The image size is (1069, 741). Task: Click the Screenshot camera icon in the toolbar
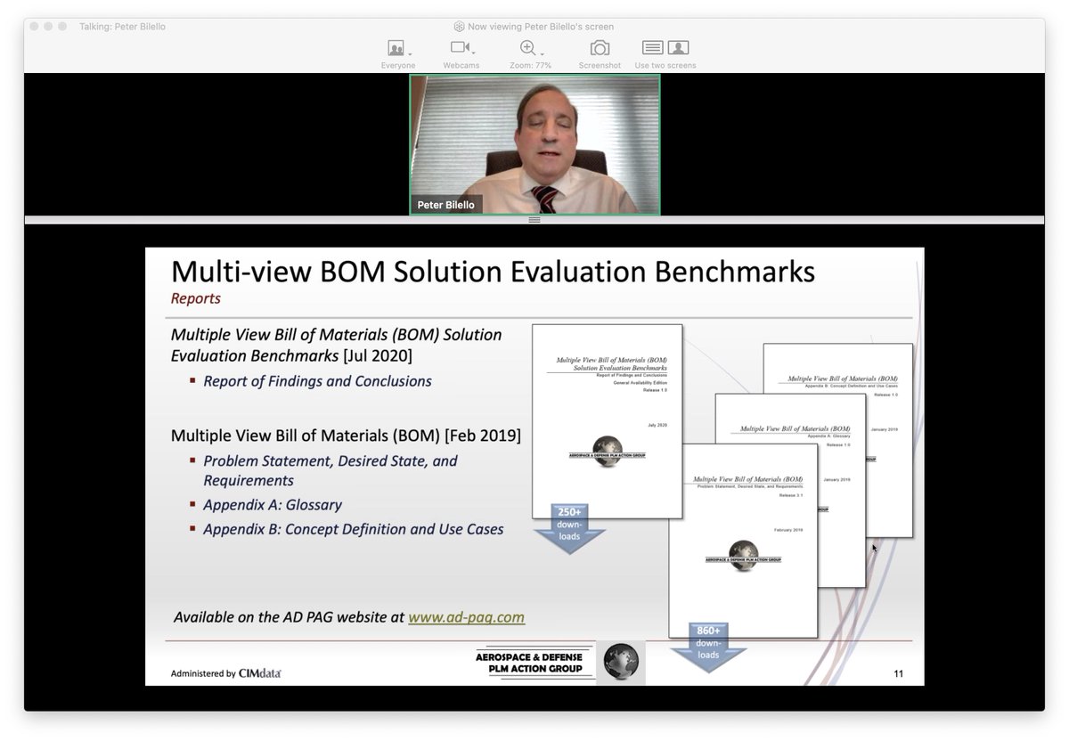[x=600, y=48]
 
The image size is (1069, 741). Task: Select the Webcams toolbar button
[x=461, y=48]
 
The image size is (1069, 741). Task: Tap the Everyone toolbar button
[x=396, y=48]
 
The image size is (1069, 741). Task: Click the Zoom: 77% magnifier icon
[x=528, y=48]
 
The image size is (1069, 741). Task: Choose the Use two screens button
[x=665, y=48]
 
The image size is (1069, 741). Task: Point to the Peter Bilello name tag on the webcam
[x=446, y=205]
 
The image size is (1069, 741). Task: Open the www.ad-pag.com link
[x=466, y=617]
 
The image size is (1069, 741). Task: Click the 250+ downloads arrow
[x=569, y=526]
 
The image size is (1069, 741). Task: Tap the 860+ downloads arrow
[x=708, y=645]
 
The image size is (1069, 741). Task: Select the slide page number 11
[x=898, y=673]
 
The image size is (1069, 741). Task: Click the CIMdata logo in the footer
[x=259, y=673]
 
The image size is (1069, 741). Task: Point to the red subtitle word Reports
[x=196, y=298]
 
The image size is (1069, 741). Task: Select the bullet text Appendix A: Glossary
[x=273, y=505]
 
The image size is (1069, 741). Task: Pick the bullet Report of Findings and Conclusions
[x=317, y=381]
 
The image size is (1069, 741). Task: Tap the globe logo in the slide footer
[x=620, y=663]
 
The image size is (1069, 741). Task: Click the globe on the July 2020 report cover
[x=607, y=447]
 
